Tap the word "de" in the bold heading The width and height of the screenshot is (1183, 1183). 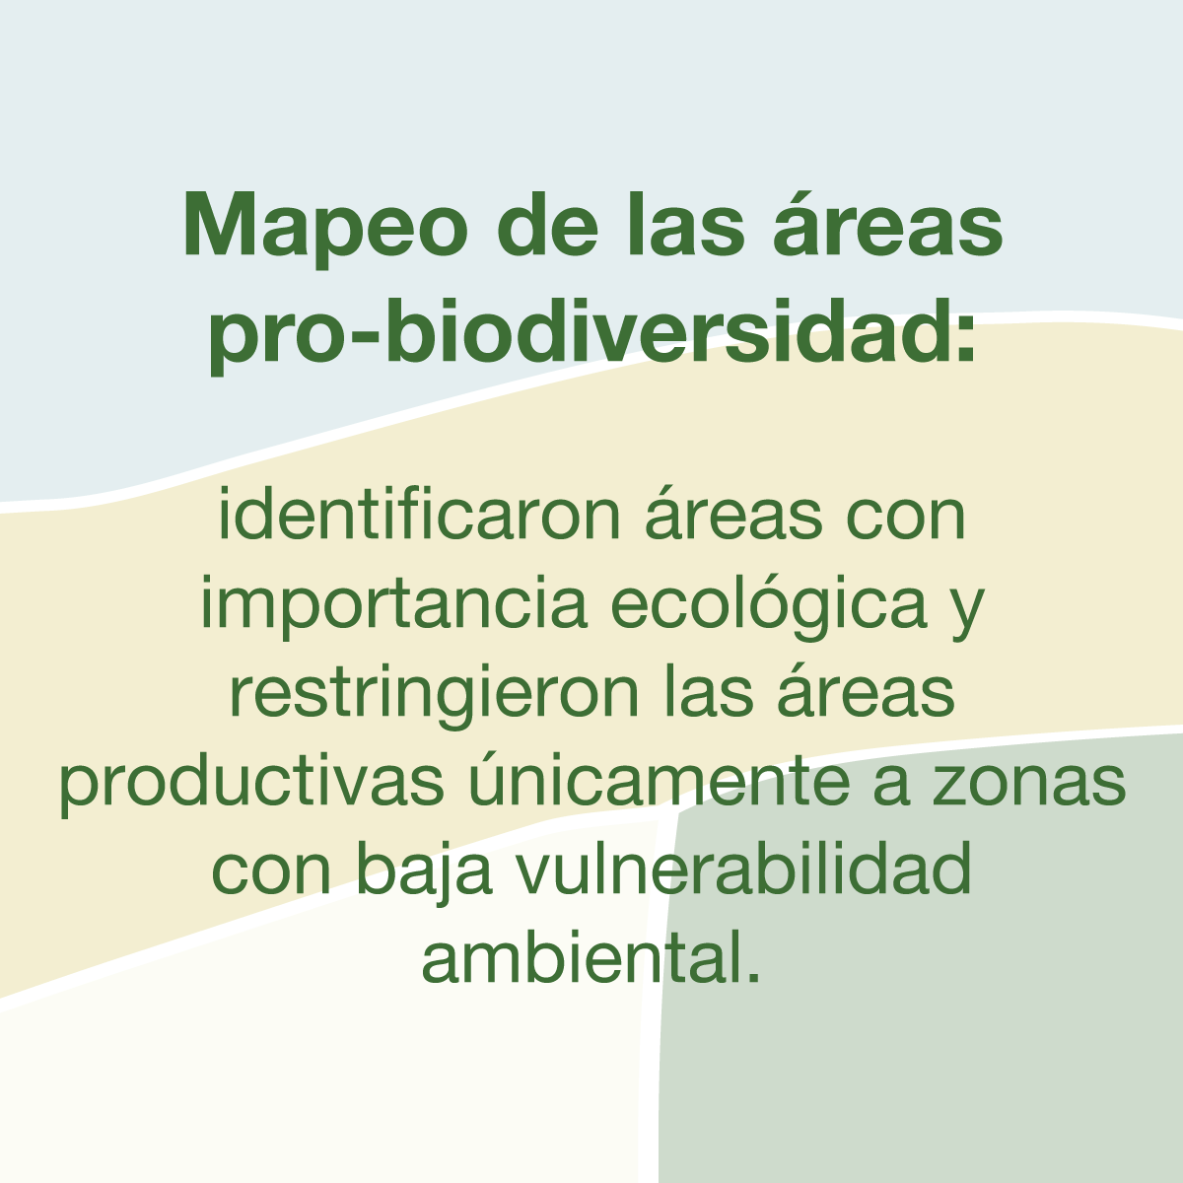(547, 224)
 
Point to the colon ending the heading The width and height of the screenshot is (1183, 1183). (966, 340)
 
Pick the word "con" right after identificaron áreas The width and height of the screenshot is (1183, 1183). (906, 521)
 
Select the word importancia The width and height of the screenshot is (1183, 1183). (394, 607)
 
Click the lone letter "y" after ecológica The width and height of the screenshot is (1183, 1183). (967, 615)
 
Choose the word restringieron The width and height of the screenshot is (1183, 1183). (435, 695)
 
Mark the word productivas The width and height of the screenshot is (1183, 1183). (251, 783)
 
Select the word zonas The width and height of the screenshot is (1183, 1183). (1029, 785)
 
